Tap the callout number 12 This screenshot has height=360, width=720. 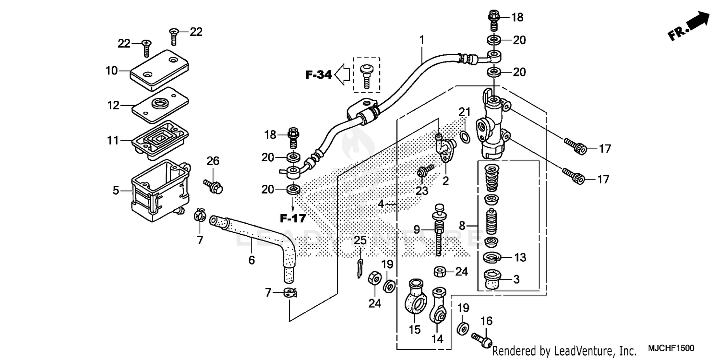tap(113, 105)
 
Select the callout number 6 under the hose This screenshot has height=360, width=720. tap(252, 260)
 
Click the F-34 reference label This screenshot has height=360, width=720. tap(319, 74)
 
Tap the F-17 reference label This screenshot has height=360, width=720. tap(293, 218)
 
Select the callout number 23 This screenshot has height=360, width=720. tap(421, 191)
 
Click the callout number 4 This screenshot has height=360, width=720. tap(381, 204)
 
